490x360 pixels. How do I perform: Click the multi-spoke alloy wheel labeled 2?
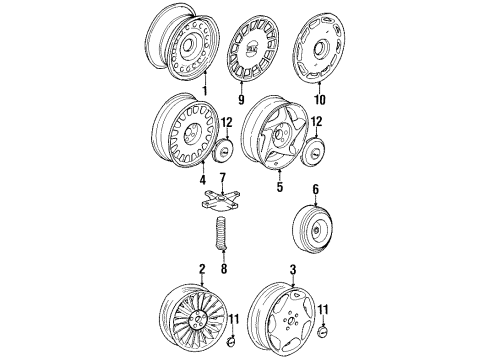(188, 318)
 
